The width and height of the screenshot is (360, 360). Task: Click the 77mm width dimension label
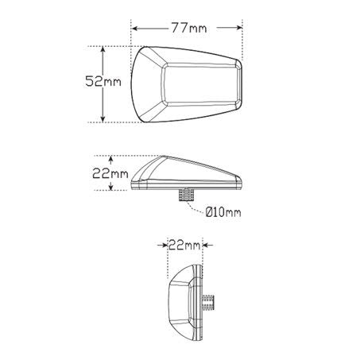coord(188,29)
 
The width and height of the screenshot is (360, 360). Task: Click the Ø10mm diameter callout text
coord(223,211)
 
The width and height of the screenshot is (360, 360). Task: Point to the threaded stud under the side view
coord(188,195)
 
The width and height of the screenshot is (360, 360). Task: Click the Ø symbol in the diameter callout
coord(209,211)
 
